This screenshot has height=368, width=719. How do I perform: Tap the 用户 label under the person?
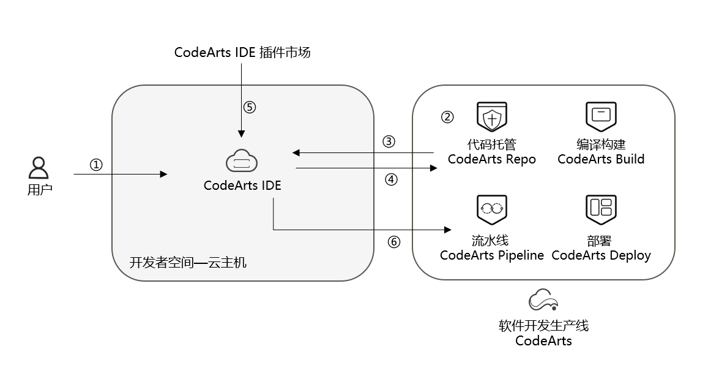(40, 189)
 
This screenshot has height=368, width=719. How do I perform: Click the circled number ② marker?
(447, 117)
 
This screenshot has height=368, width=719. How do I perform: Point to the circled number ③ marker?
(389, 141)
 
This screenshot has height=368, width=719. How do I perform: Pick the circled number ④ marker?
(392, 179)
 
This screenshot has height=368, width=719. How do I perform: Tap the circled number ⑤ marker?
(249, 107)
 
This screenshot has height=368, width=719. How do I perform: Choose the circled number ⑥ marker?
(394, 241)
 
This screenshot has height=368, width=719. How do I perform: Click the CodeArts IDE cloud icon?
(242, 162)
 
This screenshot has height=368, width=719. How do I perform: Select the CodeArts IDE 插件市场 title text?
(242, 53)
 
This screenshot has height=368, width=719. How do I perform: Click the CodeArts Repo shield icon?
(493, 116)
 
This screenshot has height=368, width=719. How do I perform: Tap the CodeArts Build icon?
(601, 115)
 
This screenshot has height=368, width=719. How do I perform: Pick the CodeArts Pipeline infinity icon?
(492, 209)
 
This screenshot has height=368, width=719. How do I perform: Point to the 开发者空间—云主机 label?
(188, 262)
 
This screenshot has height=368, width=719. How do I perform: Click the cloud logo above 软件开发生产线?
(543, 301)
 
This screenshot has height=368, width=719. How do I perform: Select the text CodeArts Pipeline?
(491, 255)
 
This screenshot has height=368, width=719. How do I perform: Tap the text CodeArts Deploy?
(601, 255)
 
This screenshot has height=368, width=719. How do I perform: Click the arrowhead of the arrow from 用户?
(163, 175)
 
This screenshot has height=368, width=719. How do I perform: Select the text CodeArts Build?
(601, 159)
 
